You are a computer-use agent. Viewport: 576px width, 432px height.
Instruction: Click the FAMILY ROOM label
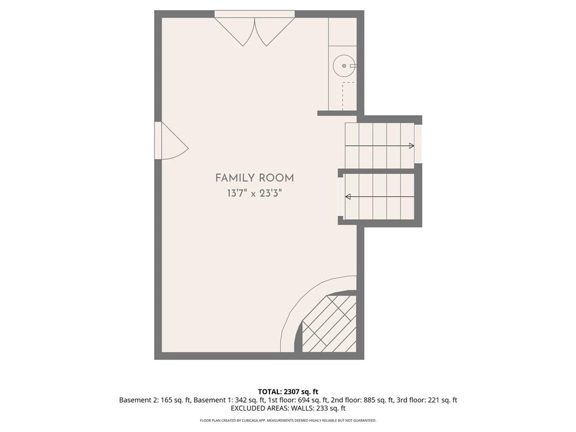pyautogui.click(x=255, y=178)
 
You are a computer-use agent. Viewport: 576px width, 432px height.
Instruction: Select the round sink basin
pyautogui.click(x=344, y=66)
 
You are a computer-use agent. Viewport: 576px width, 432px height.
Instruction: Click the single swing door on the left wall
pyautogui.click(x=171, y=141)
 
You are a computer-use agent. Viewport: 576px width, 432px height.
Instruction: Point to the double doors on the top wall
pyautogui.click(x=255, y=29)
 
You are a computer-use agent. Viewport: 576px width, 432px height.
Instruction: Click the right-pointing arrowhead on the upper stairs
pyautogui.click(x=412, y=146)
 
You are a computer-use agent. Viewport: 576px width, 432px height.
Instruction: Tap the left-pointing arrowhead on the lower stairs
pyautogui.click(x=348, y=197)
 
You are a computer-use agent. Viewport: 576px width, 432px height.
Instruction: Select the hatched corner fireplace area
pyautogui.click(x=329, y=323)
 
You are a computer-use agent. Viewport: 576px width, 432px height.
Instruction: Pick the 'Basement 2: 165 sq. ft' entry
pyautogui.click(x=155, y=400)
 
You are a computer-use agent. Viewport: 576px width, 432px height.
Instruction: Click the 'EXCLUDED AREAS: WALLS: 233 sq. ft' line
pyautogui.click(x=288, y=408)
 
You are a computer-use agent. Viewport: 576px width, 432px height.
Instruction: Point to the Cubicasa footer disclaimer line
pyautogui.click(x=288, y=420)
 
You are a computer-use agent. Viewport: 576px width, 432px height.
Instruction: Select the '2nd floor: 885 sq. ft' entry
pyautogui.click(x=362, y=400)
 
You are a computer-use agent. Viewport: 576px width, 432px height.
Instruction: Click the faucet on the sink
pyautogui.click(x=353, y=66)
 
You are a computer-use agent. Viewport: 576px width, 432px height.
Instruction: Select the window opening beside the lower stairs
pyautogui.click(x=340, y=196)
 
